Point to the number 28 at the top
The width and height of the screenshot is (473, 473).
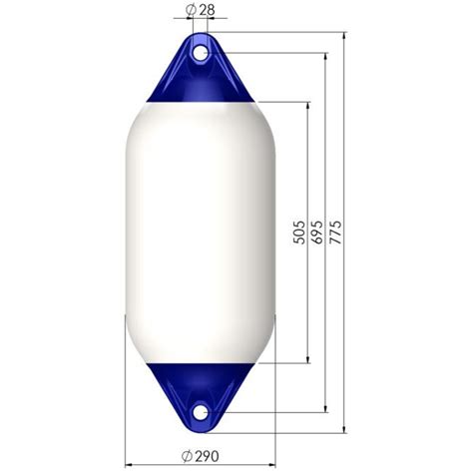coord(207,10)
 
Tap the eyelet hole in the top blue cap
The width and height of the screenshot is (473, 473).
coord(200,48)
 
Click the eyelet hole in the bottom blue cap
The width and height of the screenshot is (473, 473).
coord(200,411)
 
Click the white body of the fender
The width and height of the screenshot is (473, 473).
coord(200,230)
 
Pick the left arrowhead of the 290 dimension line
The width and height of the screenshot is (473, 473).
coord(129,465)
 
